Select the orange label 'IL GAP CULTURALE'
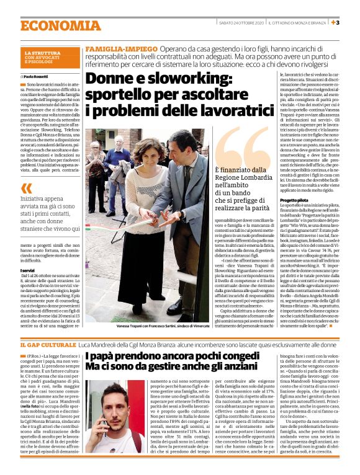point(48,344)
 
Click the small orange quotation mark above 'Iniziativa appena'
point(25,189)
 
